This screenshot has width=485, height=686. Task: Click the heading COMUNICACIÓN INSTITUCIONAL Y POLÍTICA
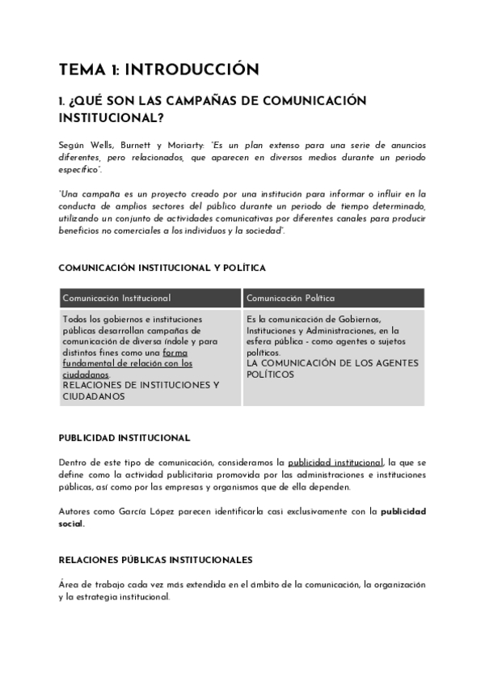(162, 268)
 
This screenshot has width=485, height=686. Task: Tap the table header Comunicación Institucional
(116, 298)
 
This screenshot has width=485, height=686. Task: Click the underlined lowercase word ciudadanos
(86, 375)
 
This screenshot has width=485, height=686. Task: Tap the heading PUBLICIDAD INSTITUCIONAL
(124, 438)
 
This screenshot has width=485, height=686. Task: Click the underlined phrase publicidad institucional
(335, 460)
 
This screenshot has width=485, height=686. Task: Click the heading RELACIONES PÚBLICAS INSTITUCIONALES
(156, 559)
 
